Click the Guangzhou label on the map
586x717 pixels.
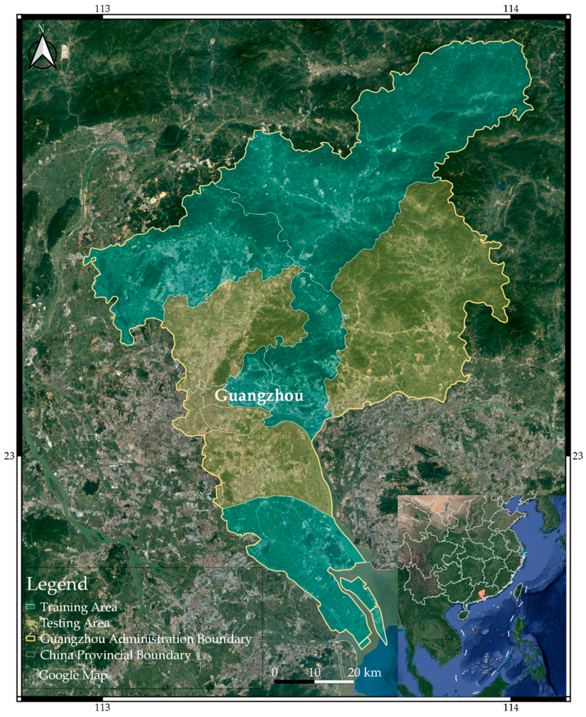click(259, 396)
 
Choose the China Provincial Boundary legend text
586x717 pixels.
click(115, 655)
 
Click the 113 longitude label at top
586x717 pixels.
click(103, 8)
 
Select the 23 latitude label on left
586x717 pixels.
click(9, 456)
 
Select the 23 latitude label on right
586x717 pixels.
click(577, 456)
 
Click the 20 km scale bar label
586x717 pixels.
click(364, 672)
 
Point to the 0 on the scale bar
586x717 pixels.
click(274, 672)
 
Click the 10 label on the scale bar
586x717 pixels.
click(314, 672)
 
